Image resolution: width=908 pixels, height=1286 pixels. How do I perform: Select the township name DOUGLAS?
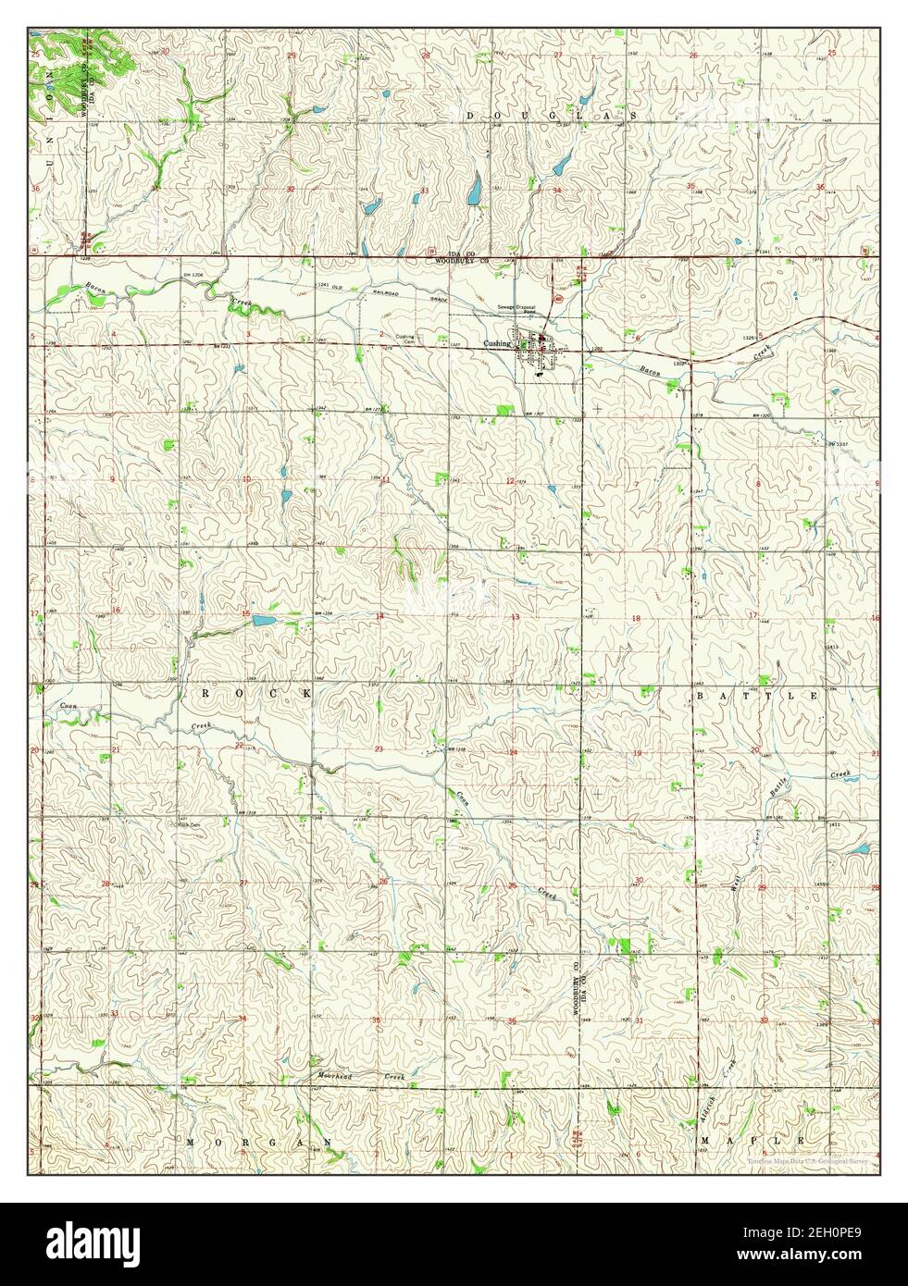click(x=550, y=116)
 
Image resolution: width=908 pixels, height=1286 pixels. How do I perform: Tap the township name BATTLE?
click(x=756, y=695)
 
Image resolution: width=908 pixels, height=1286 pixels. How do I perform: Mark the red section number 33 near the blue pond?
click(x=424, y=191)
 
